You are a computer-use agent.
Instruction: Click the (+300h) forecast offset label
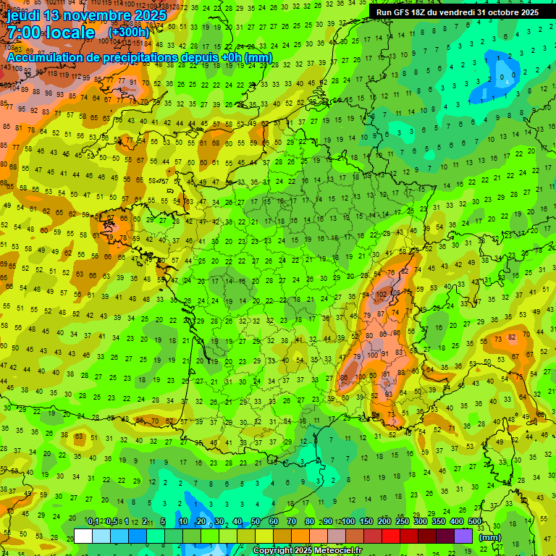[x=129, y=33]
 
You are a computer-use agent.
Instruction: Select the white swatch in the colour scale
[x=83, y=536]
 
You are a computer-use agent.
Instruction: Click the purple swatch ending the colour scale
[x=463, y=536]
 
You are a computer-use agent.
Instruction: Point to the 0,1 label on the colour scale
[x=93, y=522]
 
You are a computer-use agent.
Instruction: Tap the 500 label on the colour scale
[x=474, y=522]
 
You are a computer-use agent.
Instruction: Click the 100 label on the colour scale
[x=347, y=522]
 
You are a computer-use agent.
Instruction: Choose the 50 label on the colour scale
[x=256, y=522]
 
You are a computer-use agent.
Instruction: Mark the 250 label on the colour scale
[x=402, y=522]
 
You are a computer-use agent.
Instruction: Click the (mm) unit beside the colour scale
[x=491, y=537]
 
